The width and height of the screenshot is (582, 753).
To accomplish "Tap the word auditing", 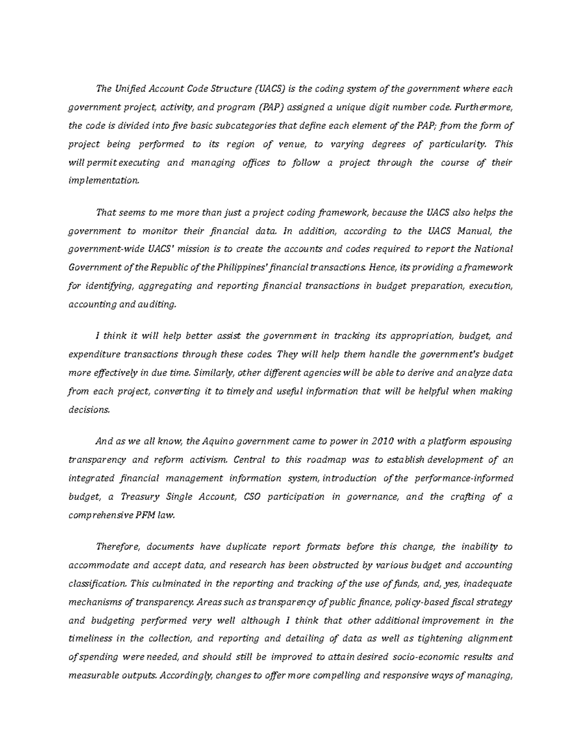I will (157, 304).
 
